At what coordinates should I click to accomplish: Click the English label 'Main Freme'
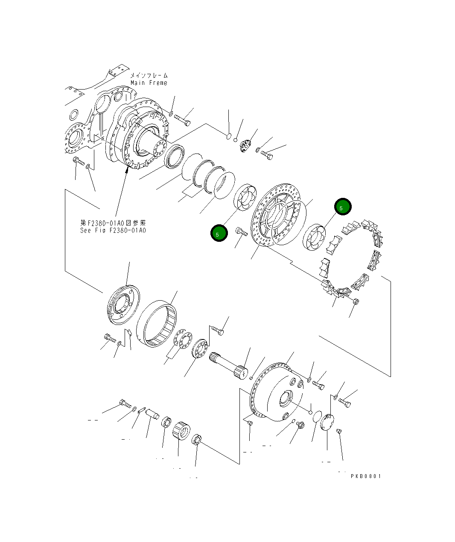[149, 83]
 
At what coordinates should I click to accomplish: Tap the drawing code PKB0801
[366, 476]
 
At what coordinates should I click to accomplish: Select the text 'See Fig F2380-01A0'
[113, 230]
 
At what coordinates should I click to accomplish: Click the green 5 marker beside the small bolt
[219, 234]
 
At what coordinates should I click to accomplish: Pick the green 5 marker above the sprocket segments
[343, 207]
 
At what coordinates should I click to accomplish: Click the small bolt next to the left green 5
[241, 232]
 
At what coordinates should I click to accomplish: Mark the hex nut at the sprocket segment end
[356, 301]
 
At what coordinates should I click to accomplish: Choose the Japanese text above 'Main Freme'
[149, 75]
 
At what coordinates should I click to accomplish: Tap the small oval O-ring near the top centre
[228, 136]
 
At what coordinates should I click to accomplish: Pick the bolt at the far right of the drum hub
[345, 402]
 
